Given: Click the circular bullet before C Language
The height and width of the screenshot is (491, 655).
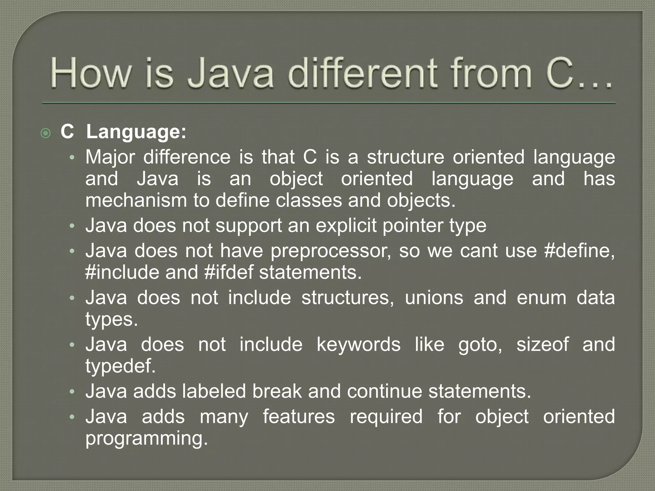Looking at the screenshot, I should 46,133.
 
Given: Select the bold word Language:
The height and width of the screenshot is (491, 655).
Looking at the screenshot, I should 136,132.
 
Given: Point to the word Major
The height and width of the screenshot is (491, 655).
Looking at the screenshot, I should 110,157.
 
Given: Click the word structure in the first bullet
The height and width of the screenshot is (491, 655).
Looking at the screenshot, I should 405,157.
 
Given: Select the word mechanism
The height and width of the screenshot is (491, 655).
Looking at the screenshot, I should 136,200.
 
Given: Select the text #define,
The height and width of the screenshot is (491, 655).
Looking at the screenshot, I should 579,250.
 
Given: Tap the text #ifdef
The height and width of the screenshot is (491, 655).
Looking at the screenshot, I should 228,272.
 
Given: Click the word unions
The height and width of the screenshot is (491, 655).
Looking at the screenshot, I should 434,298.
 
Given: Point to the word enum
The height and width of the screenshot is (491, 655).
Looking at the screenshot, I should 541,298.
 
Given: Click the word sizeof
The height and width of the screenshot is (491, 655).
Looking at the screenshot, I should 542,344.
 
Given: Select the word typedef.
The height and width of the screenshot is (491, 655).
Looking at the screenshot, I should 120,366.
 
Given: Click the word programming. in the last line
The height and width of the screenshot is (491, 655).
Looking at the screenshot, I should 146,438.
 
